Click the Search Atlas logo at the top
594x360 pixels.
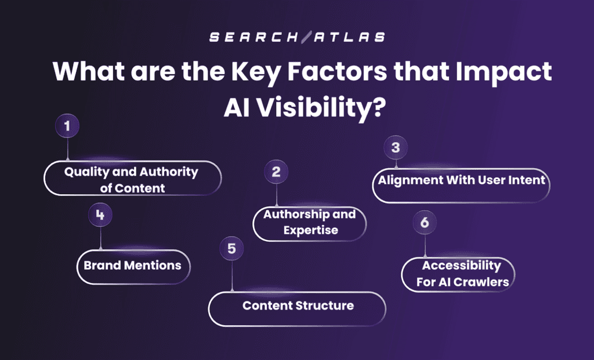pos(296,37)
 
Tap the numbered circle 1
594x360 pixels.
pos(67,126)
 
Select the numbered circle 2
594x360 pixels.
pos(276,172)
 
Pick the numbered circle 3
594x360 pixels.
pos(396,147)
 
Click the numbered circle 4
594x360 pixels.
pos(100,216)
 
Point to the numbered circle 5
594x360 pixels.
pos(231,249)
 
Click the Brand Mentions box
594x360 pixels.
pos(133,266)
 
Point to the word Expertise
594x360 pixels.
pos(310,230)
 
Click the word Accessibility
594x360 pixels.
pos(461,266)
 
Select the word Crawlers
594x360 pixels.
pos(481,282)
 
